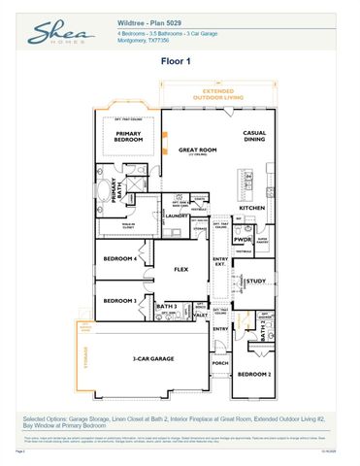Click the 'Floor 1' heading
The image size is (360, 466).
point(180,60)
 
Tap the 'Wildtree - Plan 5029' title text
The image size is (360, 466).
point(147,19)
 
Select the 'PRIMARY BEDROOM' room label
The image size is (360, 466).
point(129,137)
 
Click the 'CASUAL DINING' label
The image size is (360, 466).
point(254,136)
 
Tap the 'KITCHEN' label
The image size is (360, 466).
point(252,208)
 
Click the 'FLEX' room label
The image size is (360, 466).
point(180,269)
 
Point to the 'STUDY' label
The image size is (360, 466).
point(255,282)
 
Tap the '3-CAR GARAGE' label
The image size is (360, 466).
point(153,358)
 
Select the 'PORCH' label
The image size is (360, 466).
point(220,365)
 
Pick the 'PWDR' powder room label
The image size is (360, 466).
point(243,239)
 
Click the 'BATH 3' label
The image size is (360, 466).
point(166,307)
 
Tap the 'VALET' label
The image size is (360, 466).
point(201,316)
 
